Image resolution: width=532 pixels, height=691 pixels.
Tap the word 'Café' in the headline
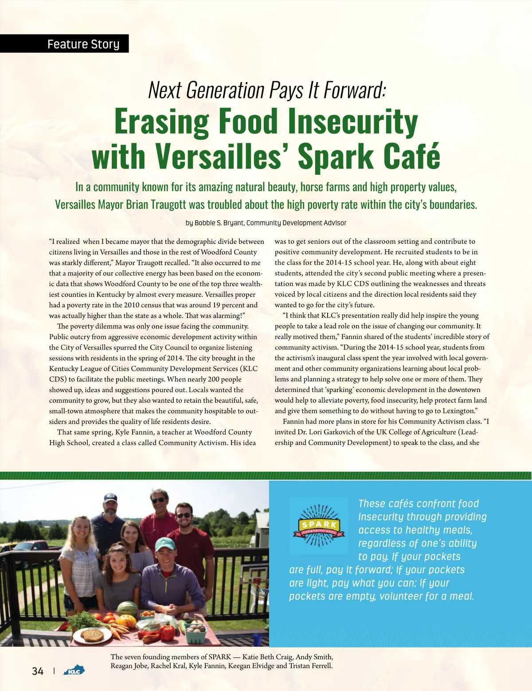[x=412, y=157]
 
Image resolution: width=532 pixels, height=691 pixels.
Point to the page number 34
[x=38, y=671]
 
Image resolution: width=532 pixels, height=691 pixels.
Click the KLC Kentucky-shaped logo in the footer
[x=74, y=671]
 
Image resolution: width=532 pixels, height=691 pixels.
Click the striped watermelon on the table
[x=127, y=609]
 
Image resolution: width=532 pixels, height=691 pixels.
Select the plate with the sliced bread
[x=92, y=635]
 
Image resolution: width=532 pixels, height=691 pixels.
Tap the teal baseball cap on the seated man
[x=165, y=544]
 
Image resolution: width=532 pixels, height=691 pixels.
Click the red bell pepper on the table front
[x=167, y=632]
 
